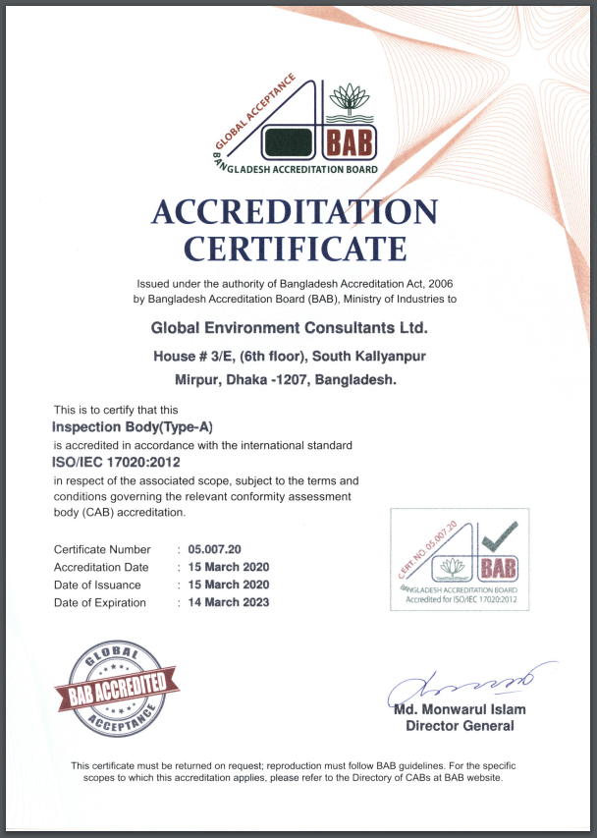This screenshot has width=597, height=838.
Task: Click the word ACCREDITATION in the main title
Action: click(294, 212)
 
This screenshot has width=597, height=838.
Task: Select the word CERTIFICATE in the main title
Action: click(295, 248)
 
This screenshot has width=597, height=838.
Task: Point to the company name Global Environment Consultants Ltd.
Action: click(289, 327)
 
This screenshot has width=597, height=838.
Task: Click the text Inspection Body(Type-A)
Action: click(132, 426)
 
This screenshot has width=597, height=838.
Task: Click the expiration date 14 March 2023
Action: click(229, 602)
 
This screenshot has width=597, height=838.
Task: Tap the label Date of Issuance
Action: click(97, 585)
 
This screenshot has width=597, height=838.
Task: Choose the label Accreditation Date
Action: click(101, 567)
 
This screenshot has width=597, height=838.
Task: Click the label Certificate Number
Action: click(102, 549)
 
